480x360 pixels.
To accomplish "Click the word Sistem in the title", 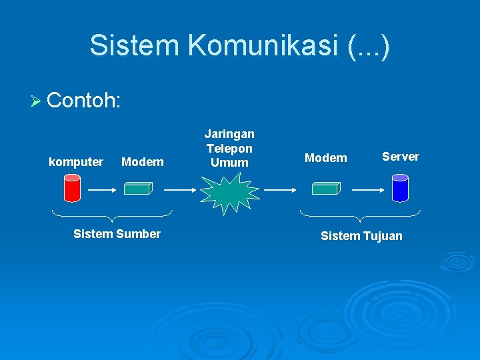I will point(135,45).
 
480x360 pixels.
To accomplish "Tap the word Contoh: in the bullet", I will point(84,100).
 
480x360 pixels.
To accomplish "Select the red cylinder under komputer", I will point(71,187).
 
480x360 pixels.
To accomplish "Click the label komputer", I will point(76,162).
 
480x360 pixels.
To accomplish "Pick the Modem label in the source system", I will point(142,162).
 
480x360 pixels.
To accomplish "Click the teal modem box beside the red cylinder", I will point(139,189).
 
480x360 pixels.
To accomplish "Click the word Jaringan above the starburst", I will point(229,135).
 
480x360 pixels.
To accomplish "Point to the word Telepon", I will point(229,149).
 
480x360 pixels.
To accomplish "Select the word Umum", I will point(229,163).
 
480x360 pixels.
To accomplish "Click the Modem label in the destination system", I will point(325,158).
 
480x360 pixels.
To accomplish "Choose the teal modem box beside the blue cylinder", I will point(326,189).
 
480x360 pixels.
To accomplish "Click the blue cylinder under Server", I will point(400,187).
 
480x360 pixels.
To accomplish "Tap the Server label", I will point(400,157).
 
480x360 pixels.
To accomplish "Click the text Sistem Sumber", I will point(117,234).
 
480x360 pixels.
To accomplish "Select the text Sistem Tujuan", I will point(361,236).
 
